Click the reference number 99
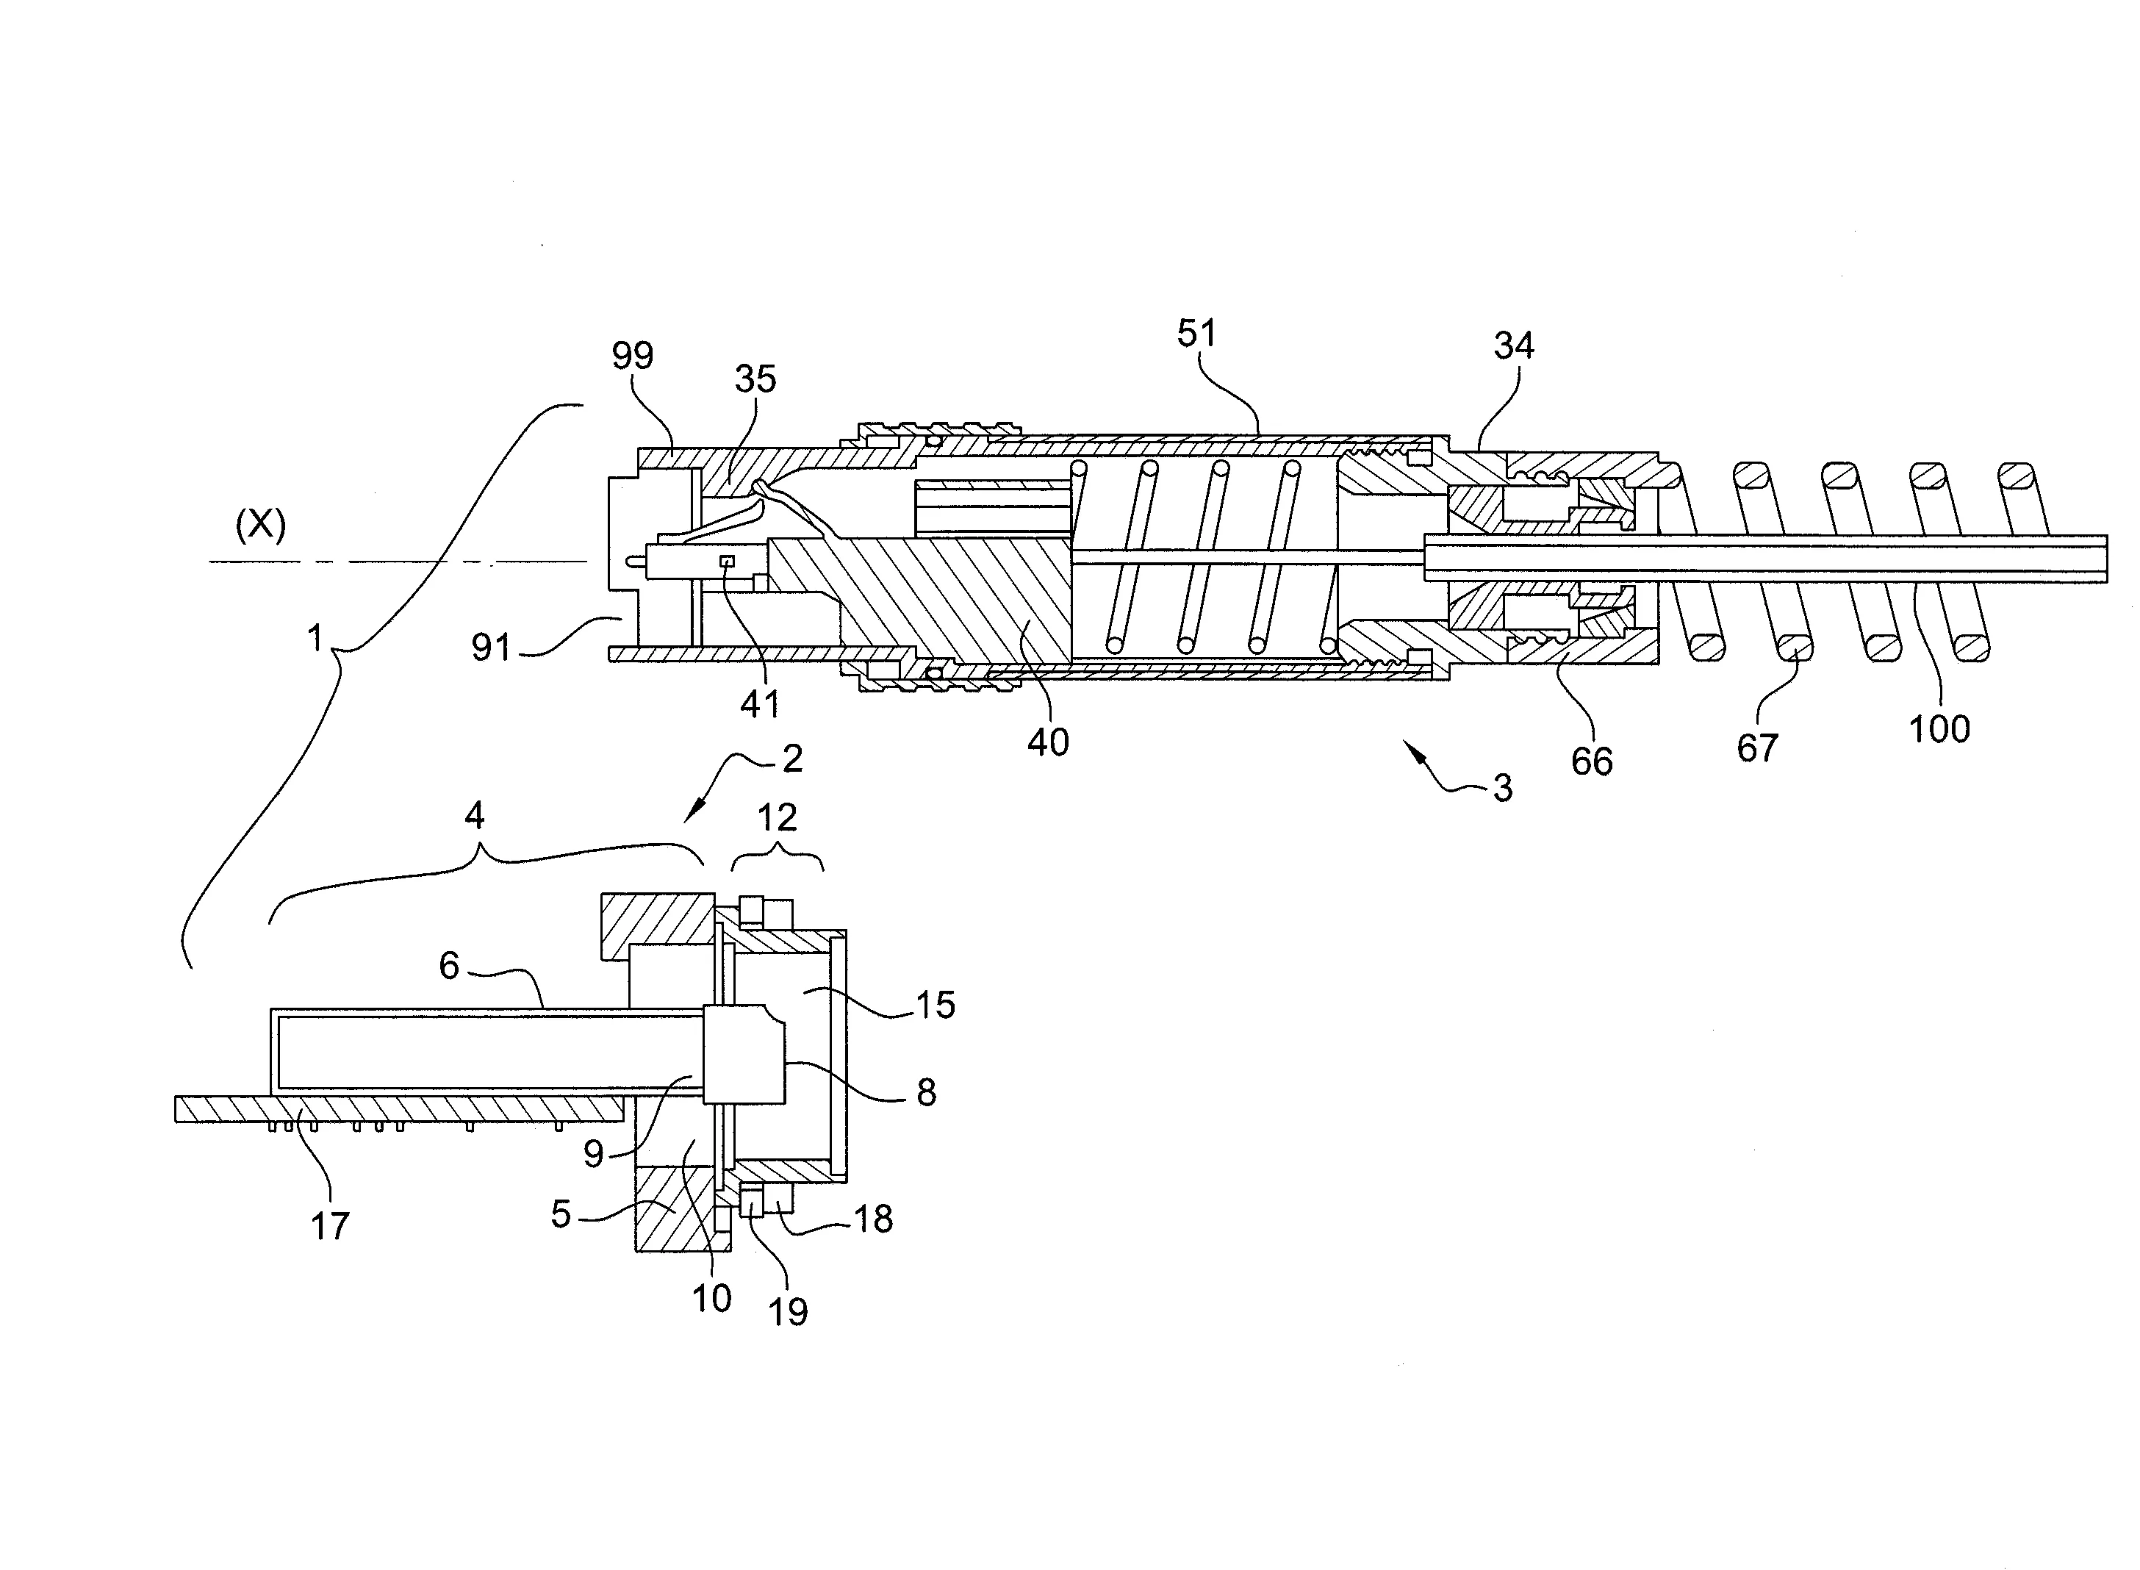click(x=632, y=356)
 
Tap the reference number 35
click(x=755, y=379)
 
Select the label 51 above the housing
click(x=1196, y=334)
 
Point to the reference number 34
click(x=1514, y=346)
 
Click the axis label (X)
click(x=260, y=525)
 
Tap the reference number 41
click(x=760, y=704)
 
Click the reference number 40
click(x=1048, y=742)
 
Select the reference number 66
click(x=1592, y=761)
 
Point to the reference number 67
click(x=1757, y=749)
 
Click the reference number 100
click(x=1939, y=730)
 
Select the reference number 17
click(x=330, y=1226)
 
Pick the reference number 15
click(x=934, y=1005)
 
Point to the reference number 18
click(x=873, y=1219)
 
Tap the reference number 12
click(x=778, y=817)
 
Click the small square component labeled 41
click(x=728, y=562)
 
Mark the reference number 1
click(x=315, y=638)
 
